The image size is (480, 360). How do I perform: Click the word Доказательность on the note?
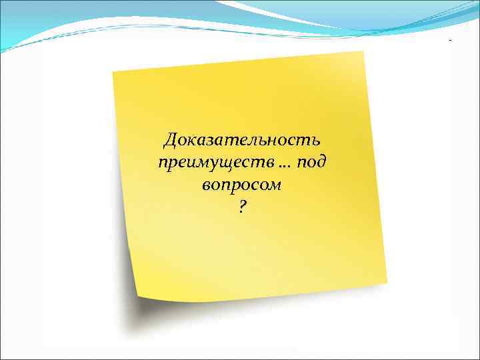[x=242, y=141]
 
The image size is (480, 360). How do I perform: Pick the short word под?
[x=311, y=163]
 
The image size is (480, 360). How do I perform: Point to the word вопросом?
[x=241, y=185]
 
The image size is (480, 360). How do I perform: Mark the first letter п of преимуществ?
[x=162, y=163]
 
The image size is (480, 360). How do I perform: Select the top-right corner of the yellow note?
[x=364, y=51]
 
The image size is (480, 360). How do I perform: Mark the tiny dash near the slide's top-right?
[x=450, y=41]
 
